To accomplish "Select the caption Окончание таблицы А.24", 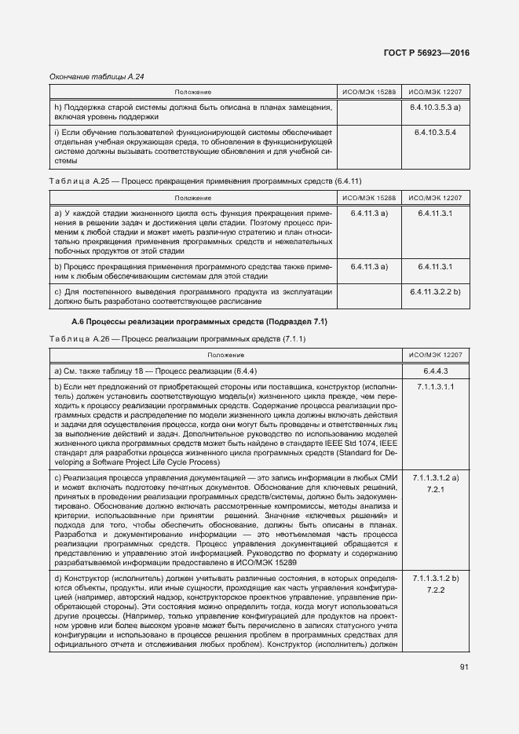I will point(98,76).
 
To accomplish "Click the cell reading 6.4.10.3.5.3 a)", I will point(434,106).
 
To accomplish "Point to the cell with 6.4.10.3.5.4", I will point(434,132).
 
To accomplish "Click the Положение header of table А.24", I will point(193,92).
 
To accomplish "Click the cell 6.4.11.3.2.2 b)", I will point(434,291).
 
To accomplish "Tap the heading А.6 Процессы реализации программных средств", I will point(199,322).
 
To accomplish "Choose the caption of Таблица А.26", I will point(177,338).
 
